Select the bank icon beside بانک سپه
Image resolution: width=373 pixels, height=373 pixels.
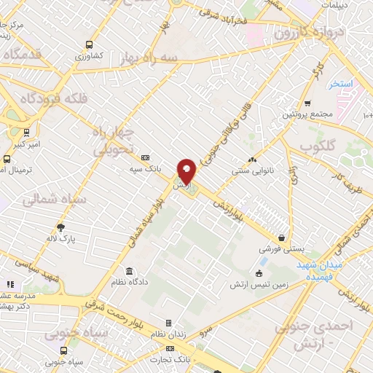pos(145,157)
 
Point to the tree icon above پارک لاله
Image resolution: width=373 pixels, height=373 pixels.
pos(60,227)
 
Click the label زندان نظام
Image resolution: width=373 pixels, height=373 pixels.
pos(172,334)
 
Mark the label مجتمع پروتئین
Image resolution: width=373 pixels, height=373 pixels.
pos(307,115)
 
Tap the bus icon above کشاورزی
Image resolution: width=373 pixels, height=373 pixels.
pos(90,44)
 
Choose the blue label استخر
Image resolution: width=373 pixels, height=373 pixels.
pos(340,85)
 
